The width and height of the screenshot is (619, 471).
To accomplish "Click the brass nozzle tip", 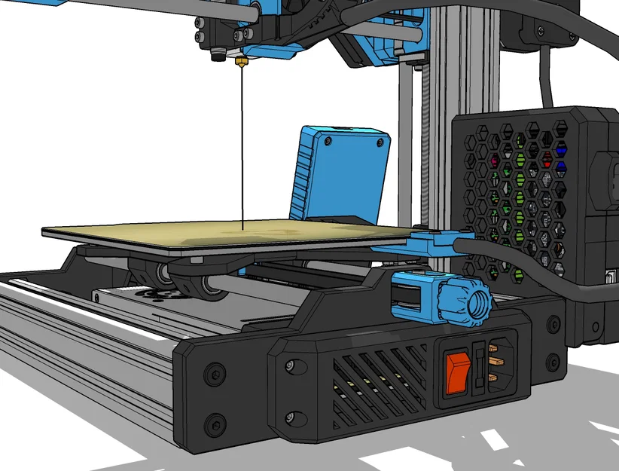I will pos(242,63).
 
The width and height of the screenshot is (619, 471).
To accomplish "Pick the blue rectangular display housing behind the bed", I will pos(343,173).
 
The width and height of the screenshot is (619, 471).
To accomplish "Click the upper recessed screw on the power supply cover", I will pos(288,367).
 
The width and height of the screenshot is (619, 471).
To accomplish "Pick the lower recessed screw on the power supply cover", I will pos(290,415).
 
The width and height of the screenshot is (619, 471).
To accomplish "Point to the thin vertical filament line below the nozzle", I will pos(242,151).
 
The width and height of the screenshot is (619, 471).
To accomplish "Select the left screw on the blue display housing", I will pos(327,141).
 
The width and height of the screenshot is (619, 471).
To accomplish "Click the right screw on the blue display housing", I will pos(377,142).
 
